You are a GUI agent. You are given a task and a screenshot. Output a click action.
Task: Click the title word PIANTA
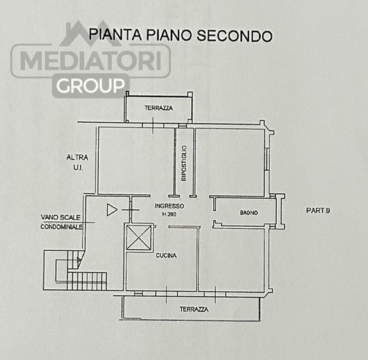click(116, 35)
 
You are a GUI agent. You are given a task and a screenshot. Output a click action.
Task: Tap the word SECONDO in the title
click(234, 36)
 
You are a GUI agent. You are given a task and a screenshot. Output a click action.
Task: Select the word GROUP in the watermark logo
click(91, 85)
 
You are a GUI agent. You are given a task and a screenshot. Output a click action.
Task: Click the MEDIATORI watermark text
click(91, 60)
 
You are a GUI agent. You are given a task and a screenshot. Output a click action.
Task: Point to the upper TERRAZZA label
click(159, 108)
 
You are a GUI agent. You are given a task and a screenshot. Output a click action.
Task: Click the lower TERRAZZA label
click(194, 309)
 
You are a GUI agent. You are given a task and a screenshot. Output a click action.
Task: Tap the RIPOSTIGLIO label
click(184, 163)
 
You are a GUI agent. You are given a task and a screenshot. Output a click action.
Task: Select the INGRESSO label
click(170, 206)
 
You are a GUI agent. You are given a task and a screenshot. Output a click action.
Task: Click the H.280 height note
click(169, 214)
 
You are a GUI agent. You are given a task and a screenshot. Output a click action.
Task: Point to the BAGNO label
click(249, 213)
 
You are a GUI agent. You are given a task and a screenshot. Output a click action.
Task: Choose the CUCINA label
click(166, 255)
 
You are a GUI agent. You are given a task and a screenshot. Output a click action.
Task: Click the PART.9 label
click(318, 210)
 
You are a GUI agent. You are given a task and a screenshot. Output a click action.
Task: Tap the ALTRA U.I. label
click(77, 162)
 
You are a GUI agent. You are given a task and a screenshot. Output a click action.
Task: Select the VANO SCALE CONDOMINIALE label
click(62, 222)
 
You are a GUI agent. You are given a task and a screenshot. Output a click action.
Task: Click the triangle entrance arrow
click(112, 210)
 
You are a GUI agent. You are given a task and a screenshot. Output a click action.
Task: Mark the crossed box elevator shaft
click(139, 237)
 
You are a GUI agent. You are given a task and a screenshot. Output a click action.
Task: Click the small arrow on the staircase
click(79, 260)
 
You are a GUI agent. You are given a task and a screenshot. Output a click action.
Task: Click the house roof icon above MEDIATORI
click(91, 33)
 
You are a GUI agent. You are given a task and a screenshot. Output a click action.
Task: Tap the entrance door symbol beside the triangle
click(131, 210)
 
